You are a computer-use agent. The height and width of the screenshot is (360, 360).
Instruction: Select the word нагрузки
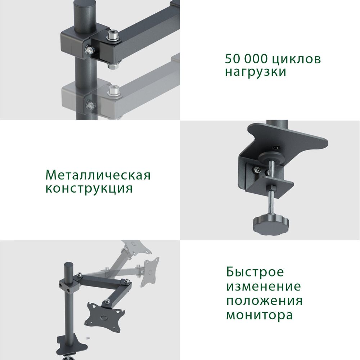pyautogui.click(x=256, y=71)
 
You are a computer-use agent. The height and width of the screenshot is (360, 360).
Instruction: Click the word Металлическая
pyautogui.click(x=98, y=175)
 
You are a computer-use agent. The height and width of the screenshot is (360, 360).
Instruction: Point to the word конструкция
pyautogui.click(x=89, y=188)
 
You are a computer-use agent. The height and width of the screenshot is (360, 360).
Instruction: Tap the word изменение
pyautogui.click(x=263, y=287)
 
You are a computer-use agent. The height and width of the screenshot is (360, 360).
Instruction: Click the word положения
pyautogui.click(x=264, y=301)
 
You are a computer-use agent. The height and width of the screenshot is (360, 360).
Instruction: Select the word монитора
pyautogui.click(x=259, y=315)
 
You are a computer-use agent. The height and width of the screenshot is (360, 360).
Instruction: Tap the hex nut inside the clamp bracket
pyautogui.click(x=255, y=169)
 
